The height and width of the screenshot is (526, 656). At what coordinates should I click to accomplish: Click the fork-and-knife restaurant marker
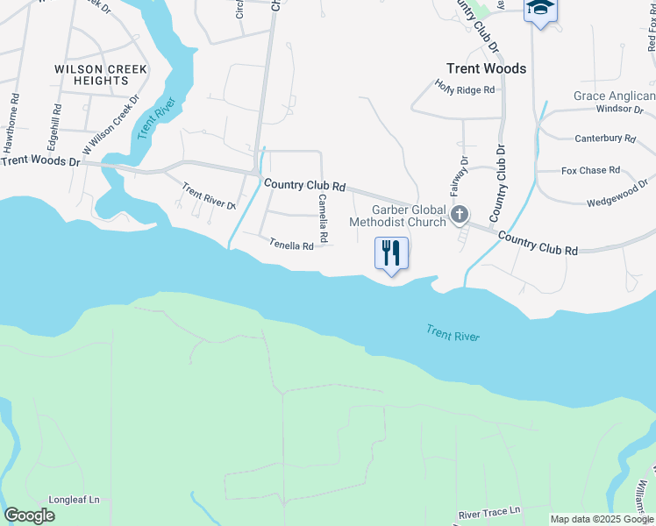coord(392,253)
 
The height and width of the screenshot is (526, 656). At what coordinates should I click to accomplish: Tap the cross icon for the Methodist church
coord(459,215)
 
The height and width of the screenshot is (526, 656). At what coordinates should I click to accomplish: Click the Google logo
coord(29,515)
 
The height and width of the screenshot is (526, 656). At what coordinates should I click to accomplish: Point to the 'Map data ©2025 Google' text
coord(603,519)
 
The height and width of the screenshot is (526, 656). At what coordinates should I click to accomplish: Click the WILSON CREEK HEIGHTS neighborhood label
coord(101,75)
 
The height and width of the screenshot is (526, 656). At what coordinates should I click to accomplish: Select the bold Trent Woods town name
coord(486,68)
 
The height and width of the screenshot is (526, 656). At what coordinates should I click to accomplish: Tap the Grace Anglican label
coord(614,96)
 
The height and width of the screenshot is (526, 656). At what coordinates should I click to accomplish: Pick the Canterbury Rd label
coord(605,139)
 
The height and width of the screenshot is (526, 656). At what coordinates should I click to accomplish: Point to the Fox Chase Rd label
coord(590,170)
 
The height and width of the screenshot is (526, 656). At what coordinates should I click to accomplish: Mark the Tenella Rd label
coord(291,246)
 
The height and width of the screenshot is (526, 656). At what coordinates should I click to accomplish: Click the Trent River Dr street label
coord(209,195)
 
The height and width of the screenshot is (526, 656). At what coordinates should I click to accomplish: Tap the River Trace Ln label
coord(489,509)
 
